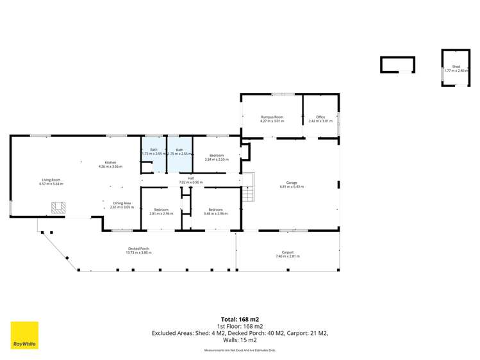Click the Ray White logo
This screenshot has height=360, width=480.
(x=24, y=335)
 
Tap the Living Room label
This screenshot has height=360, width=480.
(x=51, y=180)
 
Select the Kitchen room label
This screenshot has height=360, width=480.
(x=110, y=163)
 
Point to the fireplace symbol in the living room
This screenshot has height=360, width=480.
(x=58, y=208)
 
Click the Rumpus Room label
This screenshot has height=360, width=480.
(x=272, y=117)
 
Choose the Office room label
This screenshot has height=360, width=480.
(x=320, y=117)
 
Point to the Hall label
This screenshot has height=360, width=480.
(x=190, y=179)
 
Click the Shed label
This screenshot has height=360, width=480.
(x=456, y=67)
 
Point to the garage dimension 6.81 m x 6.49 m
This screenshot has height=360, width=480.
(x=292, y=186)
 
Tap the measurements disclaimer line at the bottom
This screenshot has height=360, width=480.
(x=240, y=350)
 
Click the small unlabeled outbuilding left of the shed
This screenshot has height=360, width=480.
(x=397, y=64)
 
